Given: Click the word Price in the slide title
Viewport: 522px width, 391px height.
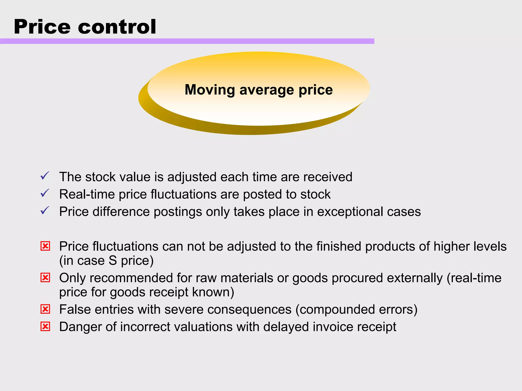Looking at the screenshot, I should coord(42,27).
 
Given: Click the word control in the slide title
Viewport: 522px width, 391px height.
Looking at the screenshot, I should coord(117,27).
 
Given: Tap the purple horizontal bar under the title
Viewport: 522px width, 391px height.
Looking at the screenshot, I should coord(187,41).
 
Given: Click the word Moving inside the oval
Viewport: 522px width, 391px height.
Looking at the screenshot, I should coord(210,90).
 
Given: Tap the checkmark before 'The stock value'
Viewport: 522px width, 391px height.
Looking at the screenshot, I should coord(45,176).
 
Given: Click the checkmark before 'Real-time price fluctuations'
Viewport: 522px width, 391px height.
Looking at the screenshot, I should coord(45,193).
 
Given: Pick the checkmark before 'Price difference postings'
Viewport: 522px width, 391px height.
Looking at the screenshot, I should coord(45,211).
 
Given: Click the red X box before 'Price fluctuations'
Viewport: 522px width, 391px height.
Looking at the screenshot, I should coord(45,246).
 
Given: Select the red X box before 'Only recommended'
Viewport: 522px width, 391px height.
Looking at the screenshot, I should coord(45,278).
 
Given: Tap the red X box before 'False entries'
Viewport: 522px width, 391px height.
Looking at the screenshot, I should coord(45,309).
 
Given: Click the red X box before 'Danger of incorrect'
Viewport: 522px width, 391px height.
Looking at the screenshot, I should coord(45,327).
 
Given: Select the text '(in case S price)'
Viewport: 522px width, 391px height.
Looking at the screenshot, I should coord(106,261).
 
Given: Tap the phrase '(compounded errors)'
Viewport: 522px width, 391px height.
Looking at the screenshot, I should coord(356,310).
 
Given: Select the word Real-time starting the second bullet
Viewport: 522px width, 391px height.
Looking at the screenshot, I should coord(87,194).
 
